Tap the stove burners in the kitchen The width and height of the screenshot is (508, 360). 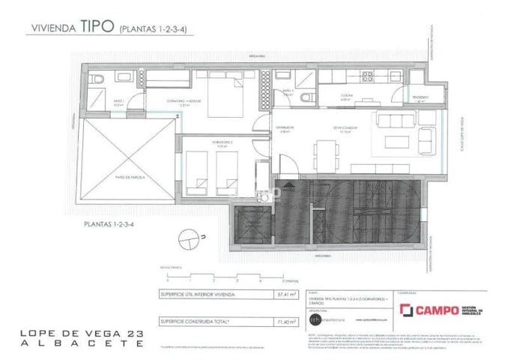pos(368,77)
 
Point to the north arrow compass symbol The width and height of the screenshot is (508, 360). pos(199,238)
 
